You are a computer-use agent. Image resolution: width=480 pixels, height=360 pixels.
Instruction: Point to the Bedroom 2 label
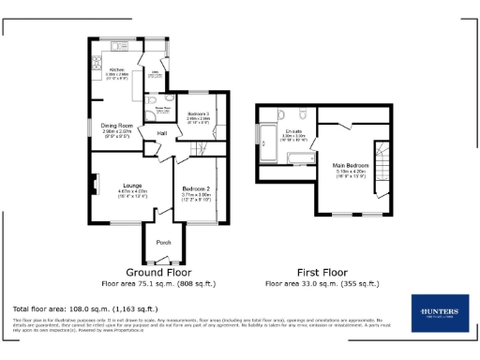196,189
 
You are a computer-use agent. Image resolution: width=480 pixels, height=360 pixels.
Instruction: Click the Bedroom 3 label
199,113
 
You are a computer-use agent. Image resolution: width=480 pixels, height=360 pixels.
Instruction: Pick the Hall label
162,133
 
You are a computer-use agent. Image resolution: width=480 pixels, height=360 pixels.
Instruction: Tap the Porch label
164,242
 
